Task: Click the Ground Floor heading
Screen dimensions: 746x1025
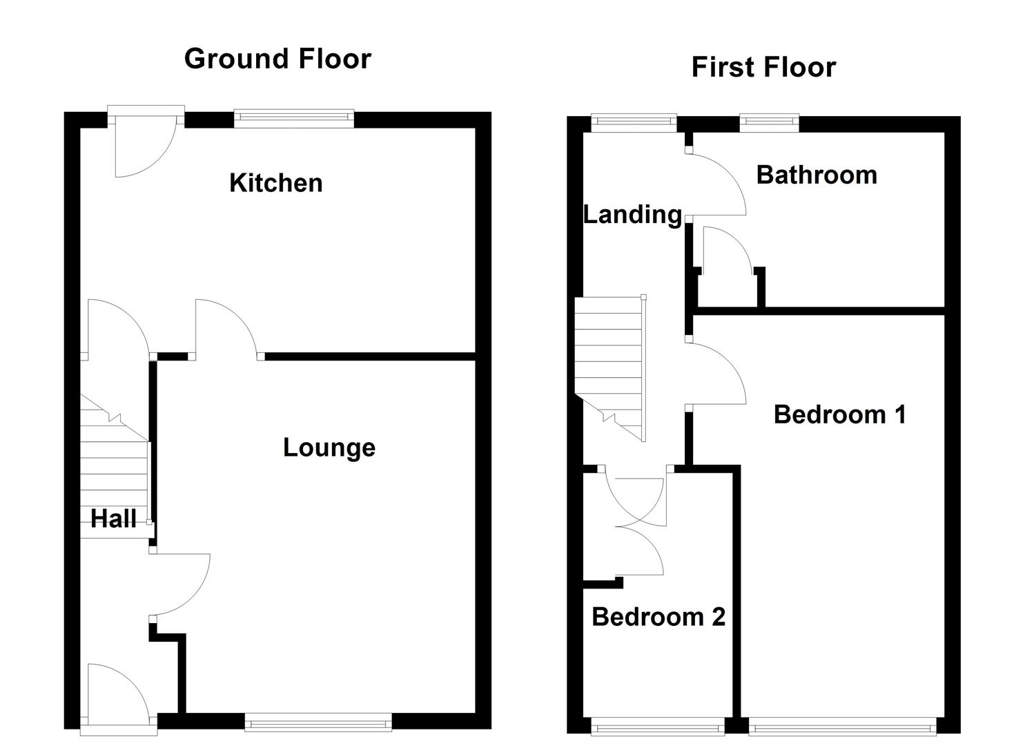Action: click(277, 59)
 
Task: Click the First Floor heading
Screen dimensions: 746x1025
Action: click(763, 68)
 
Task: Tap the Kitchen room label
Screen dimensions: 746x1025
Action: click(275, 183)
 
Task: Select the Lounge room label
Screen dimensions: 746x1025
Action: click(329, 448)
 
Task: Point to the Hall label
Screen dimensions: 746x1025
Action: click(113, 519)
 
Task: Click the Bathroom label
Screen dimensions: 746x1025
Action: click(817, 175)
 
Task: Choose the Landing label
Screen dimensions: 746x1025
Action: click(632, 215)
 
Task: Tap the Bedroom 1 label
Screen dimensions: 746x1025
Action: click(839, 414)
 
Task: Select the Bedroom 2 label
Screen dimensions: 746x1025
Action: click(658, 616)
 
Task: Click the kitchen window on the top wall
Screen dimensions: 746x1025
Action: click(294, 119)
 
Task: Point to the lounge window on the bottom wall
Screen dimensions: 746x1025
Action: click(318, 723)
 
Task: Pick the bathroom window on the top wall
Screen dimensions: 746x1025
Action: click(770, 123)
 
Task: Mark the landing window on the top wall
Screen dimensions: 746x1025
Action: click(634, 123)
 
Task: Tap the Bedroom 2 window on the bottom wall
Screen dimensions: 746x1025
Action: click(658, 725)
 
